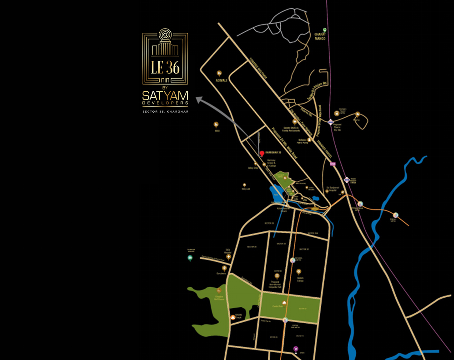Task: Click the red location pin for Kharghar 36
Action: click(x=262, y=154)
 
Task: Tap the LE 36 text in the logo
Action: click(x=165, y=67)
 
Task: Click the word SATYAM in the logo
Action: click(x=165, y=96)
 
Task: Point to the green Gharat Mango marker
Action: click(x=325, y=30)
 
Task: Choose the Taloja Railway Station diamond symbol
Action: click(x=347, y=180)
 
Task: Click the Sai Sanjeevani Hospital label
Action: click(x=333, y=187)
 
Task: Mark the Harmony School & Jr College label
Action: click(x=271, y=162)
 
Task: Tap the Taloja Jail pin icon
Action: click(x=244, y=185)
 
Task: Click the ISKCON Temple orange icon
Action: click(x=233, y=317)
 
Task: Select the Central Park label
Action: click(x=284, y=306)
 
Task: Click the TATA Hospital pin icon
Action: click(x=228, y=257)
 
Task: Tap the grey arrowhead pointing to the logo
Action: click(x=197, y=98)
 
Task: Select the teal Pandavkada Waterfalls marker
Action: click(x=190, y=258)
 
